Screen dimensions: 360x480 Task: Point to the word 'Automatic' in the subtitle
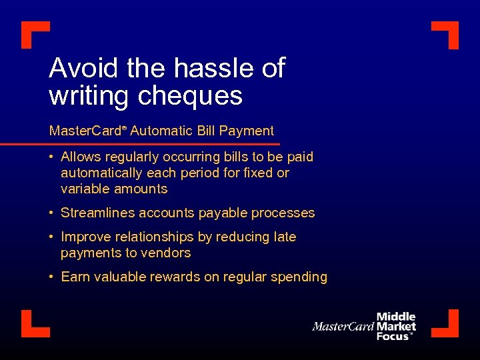[x=159, y=131]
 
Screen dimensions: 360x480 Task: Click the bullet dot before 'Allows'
[x=51, y=157]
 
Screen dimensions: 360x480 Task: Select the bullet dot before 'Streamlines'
[x=51, y=213]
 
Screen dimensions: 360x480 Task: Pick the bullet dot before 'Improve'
[x=51, y=237]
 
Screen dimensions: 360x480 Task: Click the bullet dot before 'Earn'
[x=51, y=277]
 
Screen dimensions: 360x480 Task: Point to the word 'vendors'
[x=168, y=253]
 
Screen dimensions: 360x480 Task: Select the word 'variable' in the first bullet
[x=83, y=189]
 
